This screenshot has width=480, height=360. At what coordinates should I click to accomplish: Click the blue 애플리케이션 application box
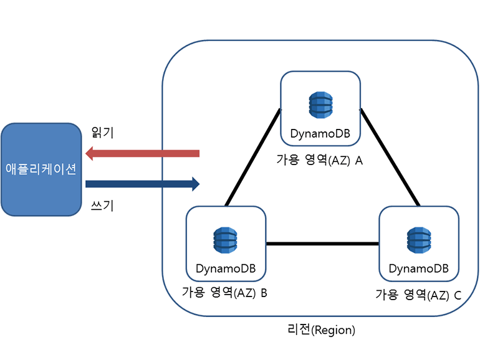point(41,169)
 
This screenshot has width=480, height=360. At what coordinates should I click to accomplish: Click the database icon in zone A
point(320,105)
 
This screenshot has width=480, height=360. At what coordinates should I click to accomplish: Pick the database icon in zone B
point(226,240)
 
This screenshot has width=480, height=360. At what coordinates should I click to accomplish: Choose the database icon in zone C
point(419,240)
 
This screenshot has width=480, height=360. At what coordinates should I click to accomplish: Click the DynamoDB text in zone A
point(320,134)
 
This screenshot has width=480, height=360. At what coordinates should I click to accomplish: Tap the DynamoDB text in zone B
point(226,269)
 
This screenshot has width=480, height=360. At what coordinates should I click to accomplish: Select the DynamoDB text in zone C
point(419,269)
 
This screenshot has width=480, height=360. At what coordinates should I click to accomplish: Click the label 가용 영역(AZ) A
point(320,160)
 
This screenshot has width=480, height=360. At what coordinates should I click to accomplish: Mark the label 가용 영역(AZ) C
point(418,294)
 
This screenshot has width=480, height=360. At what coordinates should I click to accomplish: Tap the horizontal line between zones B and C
point(322,244)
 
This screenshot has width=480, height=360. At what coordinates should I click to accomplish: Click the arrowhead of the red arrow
point(90,153)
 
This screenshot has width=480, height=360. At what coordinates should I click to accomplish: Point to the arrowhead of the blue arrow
point(195,184)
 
